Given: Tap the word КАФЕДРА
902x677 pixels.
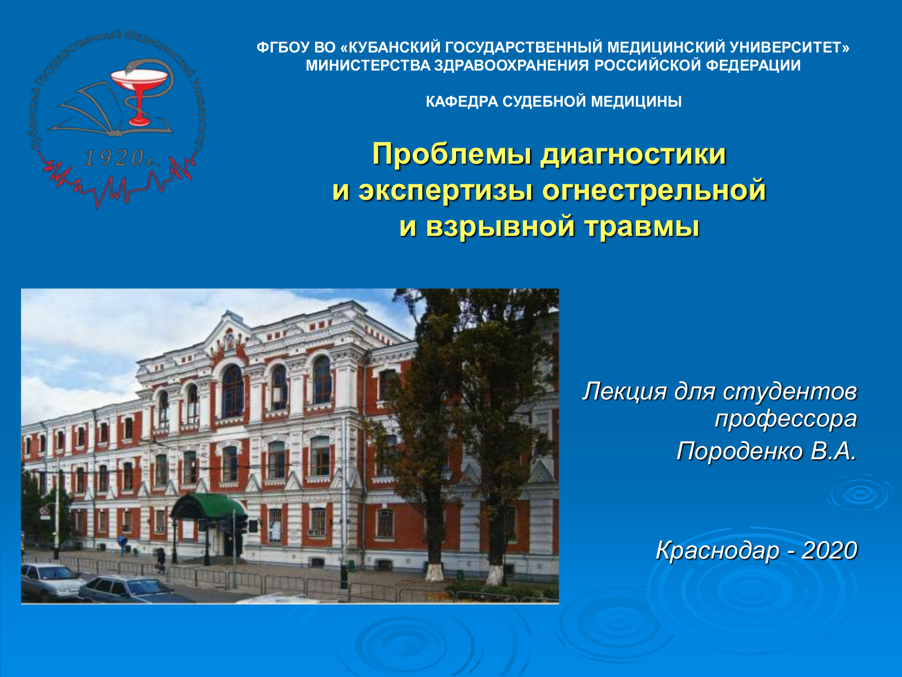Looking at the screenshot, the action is pos(462,101).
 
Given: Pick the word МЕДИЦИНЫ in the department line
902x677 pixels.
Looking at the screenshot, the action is pos(636,101).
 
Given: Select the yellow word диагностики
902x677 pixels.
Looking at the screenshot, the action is pos(633,155).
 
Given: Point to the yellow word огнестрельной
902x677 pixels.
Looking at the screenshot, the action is pos(654,191).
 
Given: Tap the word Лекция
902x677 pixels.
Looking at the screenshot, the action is pos(624,392).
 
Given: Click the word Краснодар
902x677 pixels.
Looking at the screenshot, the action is pos(717,551).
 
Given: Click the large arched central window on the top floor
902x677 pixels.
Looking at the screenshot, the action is pos(233,391).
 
